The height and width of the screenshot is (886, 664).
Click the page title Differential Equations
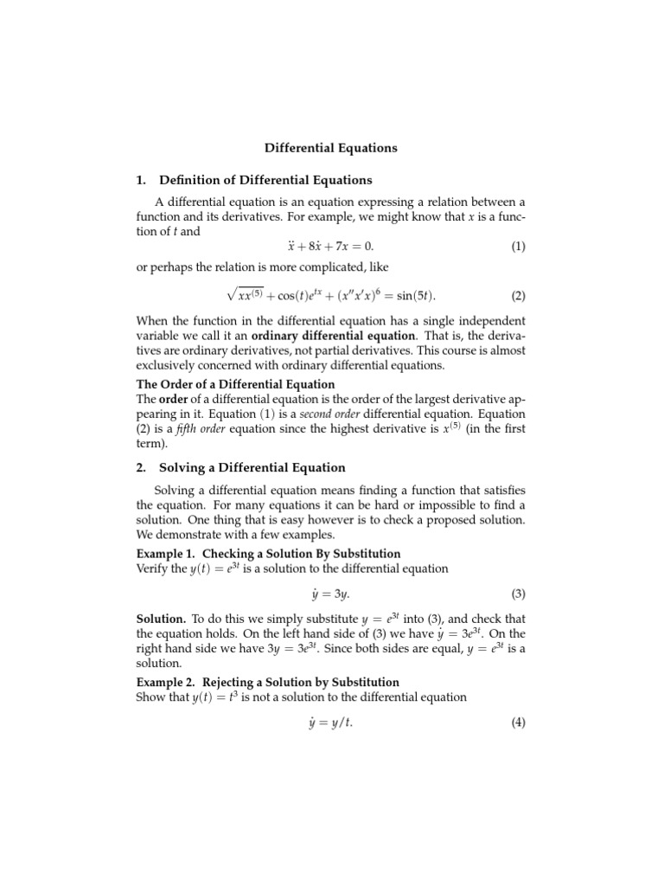pyautogui.click(x=331, y=148)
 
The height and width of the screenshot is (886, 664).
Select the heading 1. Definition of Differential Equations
pyautogui.click(x=254, y=180)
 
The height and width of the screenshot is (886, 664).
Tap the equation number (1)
pyautogui.click(x=517, y=247)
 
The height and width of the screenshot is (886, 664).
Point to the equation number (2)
pyautogui.click(x=517, y=296)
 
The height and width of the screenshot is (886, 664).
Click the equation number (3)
pyautogui.click(x=517, y=594)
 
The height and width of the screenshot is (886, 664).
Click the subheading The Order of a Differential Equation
pyautogui.click(x=235, y=384)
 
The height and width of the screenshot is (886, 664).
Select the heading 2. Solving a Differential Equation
pyautogui.click(x=247, y=468)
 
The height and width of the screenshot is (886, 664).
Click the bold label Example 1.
pyautogui.click(x=166, y=554)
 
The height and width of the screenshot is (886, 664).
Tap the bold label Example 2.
pyautogui.click(x=166, y=683)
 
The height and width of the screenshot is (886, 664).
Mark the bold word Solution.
pyautogui.click(x=161, y=620)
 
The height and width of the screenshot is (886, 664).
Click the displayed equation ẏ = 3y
pyautogui.click(x=331, y=594)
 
